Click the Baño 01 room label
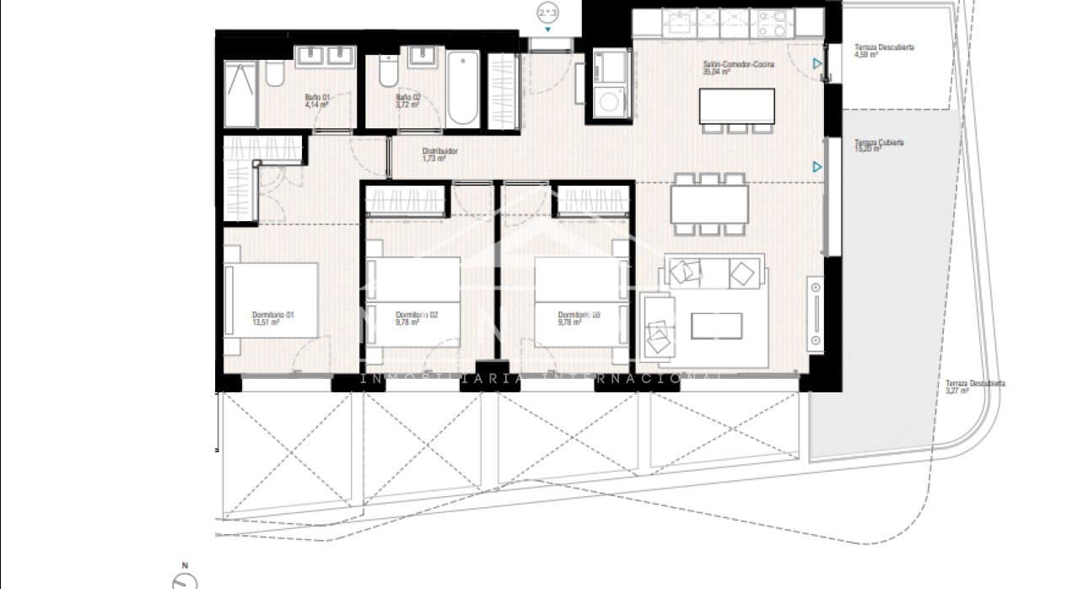point(317,98)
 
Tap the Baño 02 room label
point(408,98)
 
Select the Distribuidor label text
point(439,152)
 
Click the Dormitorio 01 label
point(272,315)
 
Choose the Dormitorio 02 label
point(417,315)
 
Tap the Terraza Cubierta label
point(879,143)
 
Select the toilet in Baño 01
point(275,74)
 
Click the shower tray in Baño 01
point(241,95)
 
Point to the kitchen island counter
point(737,105)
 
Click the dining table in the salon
point(709,203)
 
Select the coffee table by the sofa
point(716,326)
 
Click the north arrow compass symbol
point(185,581)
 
